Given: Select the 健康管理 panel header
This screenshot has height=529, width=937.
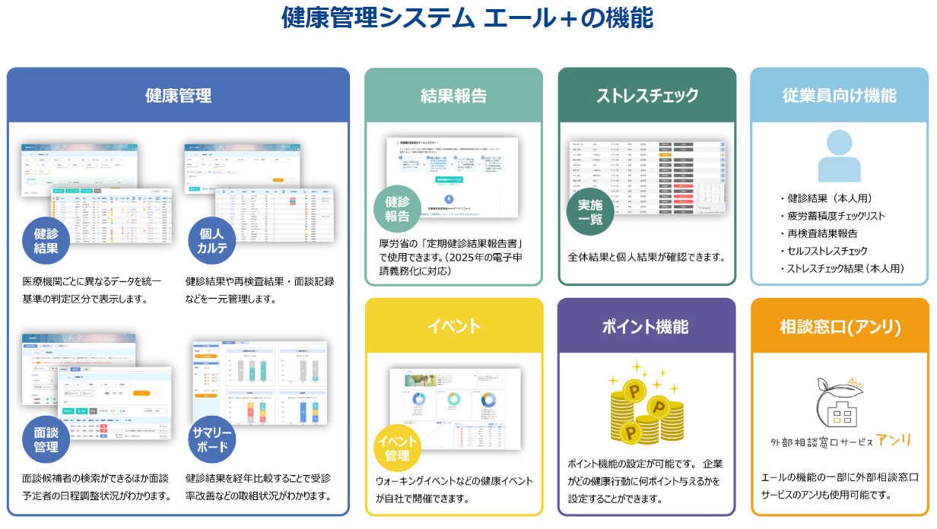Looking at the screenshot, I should pos(178,96).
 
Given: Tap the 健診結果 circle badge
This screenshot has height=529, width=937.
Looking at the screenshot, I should pos(46,241).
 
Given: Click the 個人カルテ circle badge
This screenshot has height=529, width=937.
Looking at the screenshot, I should pos(212,241).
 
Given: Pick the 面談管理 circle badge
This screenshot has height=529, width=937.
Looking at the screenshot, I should pos(46,439).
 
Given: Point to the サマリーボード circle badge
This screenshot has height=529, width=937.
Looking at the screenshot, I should pos(212,439).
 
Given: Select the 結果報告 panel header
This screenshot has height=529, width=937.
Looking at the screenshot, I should pos(453,96).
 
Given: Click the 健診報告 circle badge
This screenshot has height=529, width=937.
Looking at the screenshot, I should pos(397,209).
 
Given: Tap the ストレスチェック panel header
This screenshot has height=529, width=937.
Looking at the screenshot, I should pos(646,96).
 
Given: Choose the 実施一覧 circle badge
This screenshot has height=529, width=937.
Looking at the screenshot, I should pos(590,211).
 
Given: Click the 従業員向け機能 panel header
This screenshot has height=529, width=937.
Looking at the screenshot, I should pos(839,96).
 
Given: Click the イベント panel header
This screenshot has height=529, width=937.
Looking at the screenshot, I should pos(453,326).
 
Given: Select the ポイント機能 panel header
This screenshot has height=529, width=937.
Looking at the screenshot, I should pos(646,326).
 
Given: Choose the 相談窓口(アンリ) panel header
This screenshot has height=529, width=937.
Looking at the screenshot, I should pos(839,327).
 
